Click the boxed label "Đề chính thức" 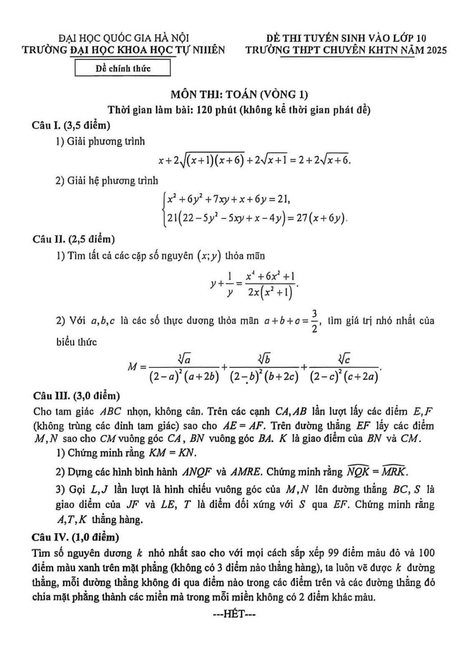tap(123, 69)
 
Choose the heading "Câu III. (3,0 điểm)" tap(76, 396)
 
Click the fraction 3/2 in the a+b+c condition tap(314, 321)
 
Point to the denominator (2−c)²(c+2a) tap(344, 376)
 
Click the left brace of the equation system tap(164, 209)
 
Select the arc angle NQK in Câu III tap(356, 471)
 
